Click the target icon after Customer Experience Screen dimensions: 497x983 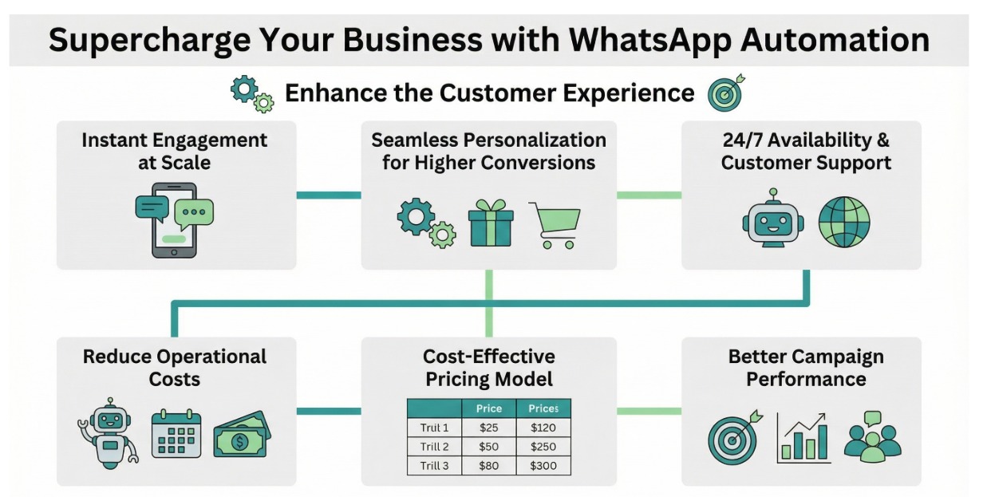tap(726, 93)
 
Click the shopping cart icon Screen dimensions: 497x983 tap(555, 224)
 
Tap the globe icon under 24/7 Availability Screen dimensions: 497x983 tap(844, 221)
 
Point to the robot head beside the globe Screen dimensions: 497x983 tap(770, 218)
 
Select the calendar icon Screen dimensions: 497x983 tap(176, 436)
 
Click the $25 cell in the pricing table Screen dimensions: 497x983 tap(488, 428)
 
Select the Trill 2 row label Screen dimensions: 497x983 tap(434, 447)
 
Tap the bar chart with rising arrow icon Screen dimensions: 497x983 tap(803, 437)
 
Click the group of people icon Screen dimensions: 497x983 tap(872, 437)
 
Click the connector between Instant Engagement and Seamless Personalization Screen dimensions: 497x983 tap(328, 195)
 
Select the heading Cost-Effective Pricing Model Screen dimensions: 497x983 tap(489, 367)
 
